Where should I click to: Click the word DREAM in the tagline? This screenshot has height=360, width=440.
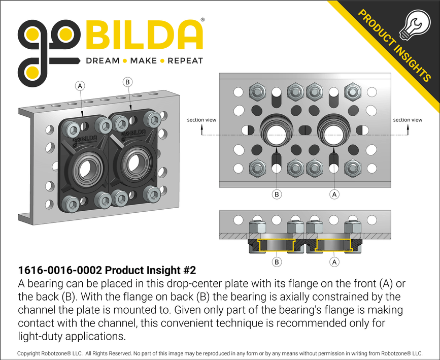(103, 61)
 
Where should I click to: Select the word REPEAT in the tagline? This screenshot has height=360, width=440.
(185, 61)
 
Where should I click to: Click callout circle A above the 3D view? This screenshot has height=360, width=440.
(80, 86)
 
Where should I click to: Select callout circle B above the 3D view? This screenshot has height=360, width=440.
(127, 81)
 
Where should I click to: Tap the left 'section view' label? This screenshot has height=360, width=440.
(201, 120)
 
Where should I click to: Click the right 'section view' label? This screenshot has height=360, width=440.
(408, 120)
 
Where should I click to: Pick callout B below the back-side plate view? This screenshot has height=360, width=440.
(277, 193)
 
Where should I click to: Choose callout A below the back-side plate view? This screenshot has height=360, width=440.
(334, 193)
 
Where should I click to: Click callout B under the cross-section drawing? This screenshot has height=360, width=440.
(277, 262)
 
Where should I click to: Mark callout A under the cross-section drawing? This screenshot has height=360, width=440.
(334, 262)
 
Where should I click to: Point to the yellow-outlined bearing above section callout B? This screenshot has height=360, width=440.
(277, 245)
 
